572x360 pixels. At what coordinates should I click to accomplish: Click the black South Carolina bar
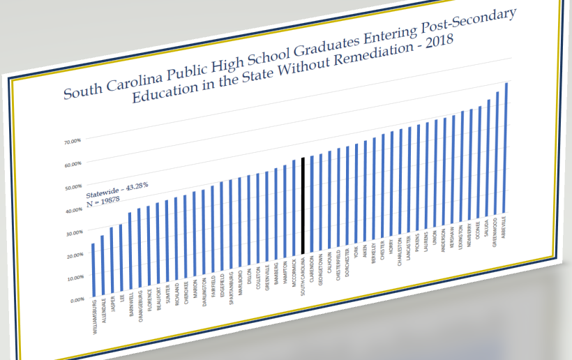pos(303,207)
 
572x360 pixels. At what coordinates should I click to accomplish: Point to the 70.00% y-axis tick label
pos(73,142)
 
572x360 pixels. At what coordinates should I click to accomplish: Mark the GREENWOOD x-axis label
pos(495,235)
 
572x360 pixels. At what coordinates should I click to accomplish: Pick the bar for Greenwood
pos(497,153)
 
